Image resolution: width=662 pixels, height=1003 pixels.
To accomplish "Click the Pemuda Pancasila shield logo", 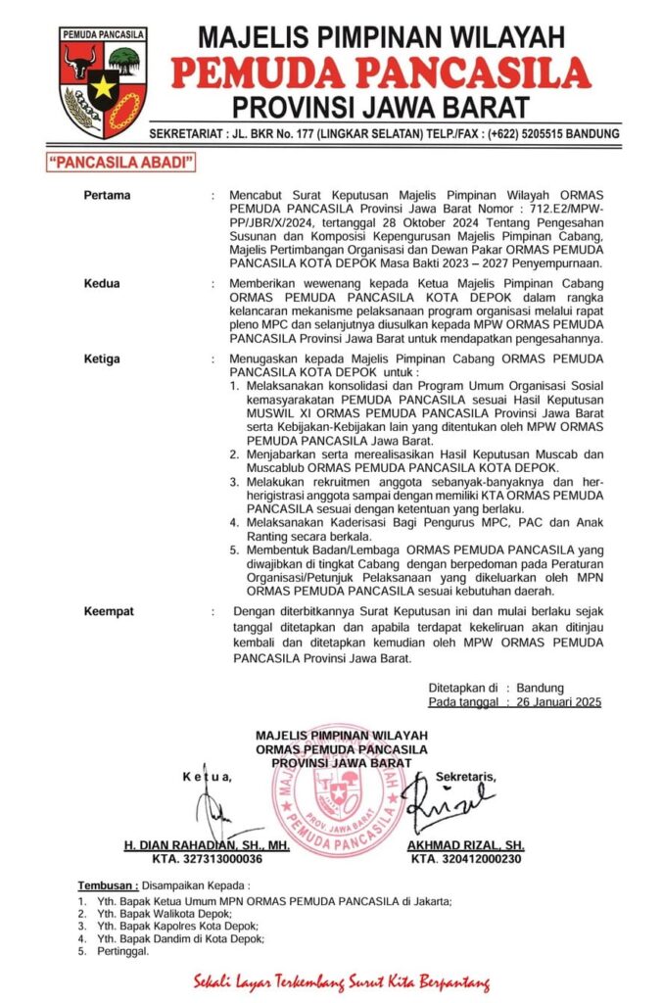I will (103, 82).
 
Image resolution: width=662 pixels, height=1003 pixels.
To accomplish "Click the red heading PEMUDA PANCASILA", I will (381, 72).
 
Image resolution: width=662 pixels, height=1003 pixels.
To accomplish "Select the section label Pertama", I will (108, 195).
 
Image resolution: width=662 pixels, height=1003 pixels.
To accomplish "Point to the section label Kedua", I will (103, 284).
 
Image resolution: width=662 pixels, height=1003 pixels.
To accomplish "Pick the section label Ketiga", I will (104, 359).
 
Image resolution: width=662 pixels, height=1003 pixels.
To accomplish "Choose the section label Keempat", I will (110, 611).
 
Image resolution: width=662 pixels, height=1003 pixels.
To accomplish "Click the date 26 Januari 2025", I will (558, 701).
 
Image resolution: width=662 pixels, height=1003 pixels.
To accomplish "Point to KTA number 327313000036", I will (207, 858).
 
